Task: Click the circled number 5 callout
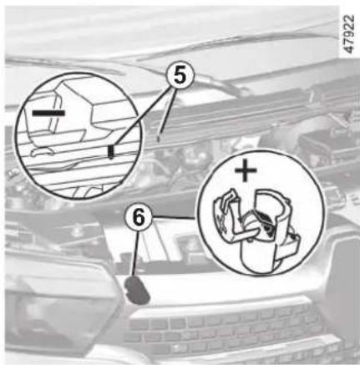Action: pos(180,75)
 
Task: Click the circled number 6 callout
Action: pos(139,218)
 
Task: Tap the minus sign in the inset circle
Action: pos(48,113)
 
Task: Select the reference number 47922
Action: pos(349,34)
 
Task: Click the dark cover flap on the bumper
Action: pos(137,290)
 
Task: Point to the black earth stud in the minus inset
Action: pos(111,152)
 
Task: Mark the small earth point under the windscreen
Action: pos(159,138)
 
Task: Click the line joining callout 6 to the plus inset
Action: pos(175,217)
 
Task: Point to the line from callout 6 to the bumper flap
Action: pos(135,254)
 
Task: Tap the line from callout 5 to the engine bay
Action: pos(167,112)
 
